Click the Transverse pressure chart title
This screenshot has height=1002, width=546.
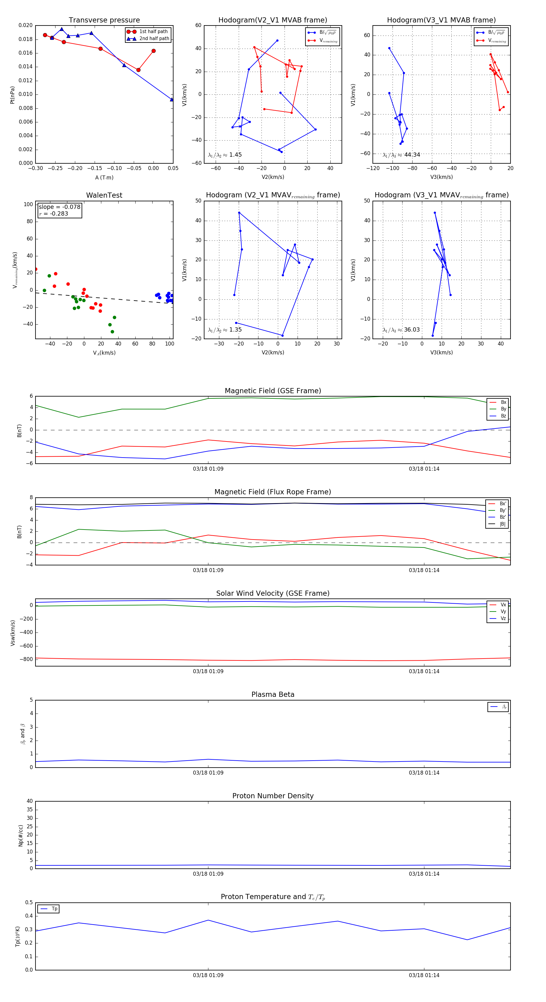click(x=104, y=20)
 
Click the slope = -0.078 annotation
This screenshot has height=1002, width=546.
click(x=59, y=207)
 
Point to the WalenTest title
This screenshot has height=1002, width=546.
click(x=104, y=195)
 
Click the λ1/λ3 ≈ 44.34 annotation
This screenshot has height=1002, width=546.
click(x=401, y=155)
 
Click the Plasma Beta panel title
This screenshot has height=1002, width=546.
click(x=273, y=695)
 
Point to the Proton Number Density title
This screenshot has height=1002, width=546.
click(x=273, y=796)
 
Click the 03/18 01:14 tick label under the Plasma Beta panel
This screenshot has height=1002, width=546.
click(x=424, y=773)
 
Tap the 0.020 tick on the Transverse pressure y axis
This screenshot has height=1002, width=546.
click(x=26, y=25)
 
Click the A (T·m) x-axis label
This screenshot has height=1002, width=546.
click(x=104, y=178)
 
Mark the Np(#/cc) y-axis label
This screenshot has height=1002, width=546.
click(x=21, y=836)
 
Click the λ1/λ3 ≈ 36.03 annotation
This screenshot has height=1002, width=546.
click(x=401, y=330)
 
